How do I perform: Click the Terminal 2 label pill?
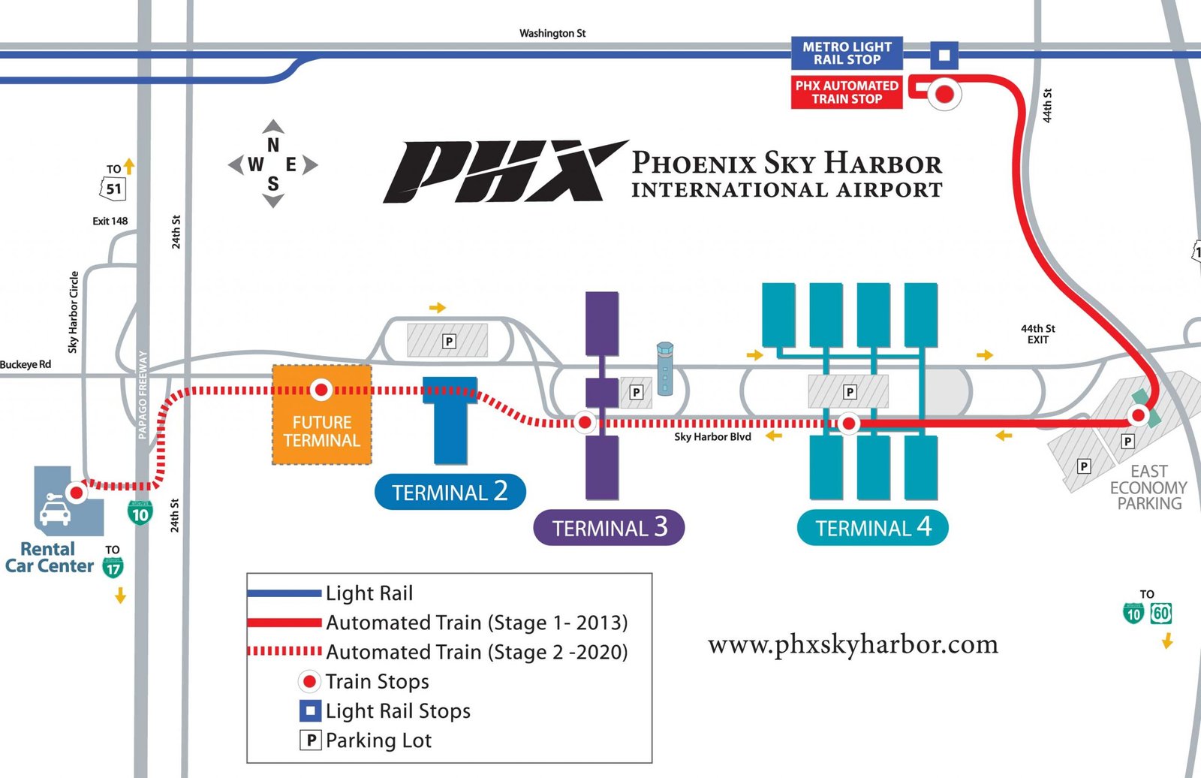(450, 492)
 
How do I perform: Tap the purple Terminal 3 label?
(609, 528)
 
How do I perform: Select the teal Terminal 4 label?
(872, 528)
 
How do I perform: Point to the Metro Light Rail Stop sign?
(847, 53)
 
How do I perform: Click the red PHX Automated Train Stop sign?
(847, 92)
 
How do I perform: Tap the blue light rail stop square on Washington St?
(944, 55)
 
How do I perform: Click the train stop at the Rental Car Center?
(76, 493)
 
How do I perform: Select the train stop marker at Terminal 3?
(585, 423)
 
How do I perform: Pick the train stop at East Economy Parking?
(1139, 415)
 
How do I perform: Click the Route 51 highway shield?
(113, 188)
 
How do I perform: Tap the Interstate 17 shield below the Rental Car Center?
(113, 567)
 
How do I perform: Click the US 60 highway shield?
(1161, 614)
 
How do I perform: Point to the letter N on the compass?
(273, 145)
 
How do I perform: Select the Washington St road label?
(552, 33)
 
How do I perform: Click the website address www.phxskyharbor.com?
(853, 644)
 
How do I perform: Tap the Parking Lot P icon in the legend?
(311, 740)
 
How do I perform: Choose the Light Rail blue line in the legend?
(284, 593)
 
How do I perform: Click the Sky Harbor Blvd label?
(712, 437)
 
